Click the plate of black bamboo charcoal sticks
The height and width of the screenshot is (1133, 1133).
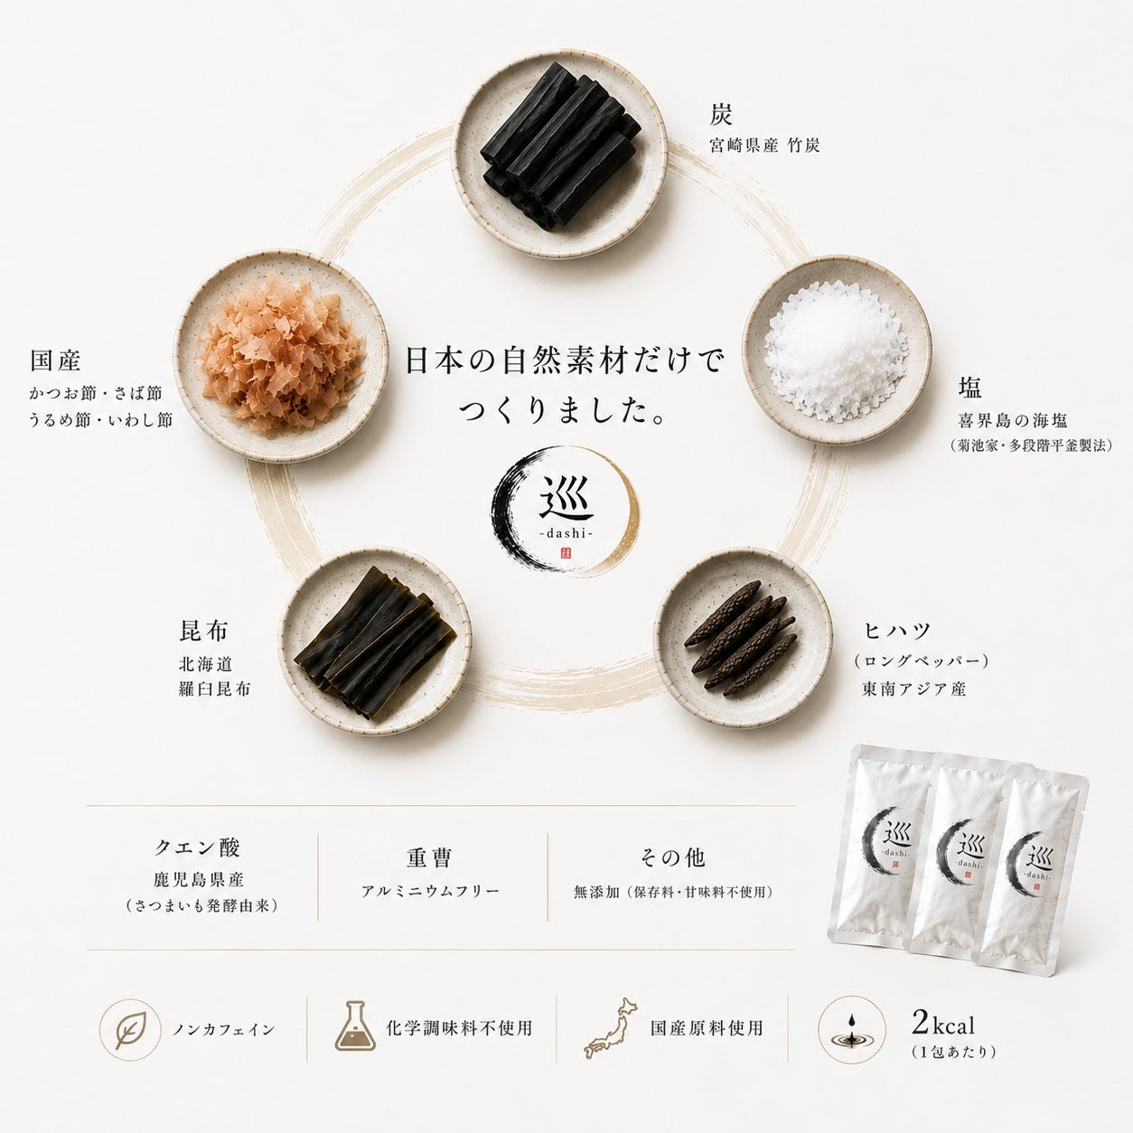coord(559,154)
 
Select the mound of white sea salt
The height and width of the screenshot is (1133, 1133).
coord(835,351)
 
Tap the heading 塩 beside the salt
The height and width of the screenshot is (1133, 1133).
coord(970,388)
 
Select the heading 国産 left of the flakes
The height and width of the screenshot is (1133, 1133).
coord(55,360)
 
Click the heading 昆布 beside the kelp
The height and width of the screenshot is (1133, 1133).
coord(203,631)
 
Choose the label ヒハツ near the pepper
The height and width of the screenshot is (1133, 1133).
coord(897,631)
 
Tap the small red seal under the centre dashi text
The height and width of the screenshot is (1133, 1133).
coord(566,554)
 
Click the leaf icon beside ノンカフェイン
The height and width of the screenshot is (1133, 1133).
coord(130,1029)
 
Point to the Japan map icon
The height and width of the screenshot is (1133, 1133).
coord(610,1028)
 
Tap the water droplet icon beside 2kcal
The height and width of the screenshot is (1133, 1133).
coord(852,1029)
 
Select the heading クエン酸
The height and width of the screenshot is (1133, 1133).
coord(198,847)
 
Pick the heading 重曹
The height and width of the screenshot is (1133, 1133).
coord(429,857)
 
